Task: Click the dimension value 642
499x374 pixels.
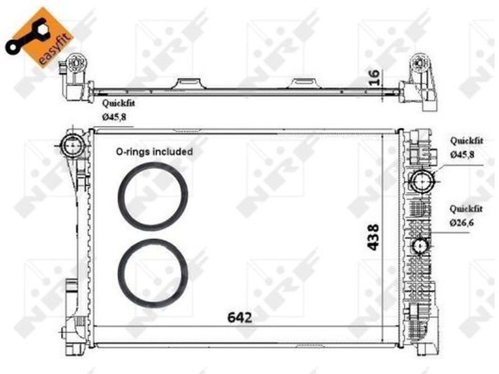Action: (240, 317)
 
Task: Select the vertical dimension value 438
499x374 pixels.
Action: (373, 237)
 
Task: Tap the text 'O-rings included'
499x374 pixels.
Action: (154, 151)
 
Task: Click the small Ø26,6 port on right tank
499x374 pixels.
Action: (420, 246)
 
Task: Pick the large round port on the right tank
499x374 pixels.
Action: (422, 181)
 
